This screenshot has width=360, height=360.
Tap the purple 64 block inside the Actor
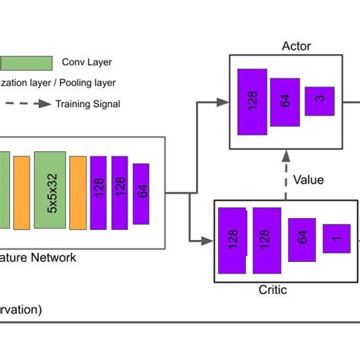pos(285,99)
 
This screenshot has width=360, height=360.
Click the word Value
pos(308,180)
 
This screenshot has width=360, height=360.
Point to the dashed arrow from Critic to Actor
pos(286,175)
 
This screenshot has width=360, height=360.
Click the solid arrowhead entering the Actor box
pos(224,101)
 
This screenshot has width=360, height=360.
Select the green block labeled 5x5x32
pos(50,190)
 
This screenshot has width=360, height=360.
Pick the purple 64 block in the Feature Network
pos(141,192)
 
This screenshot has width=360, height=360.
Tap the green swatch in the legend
pos(26,63)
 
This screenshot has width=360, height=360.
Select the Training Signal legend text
pos(87,104)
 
